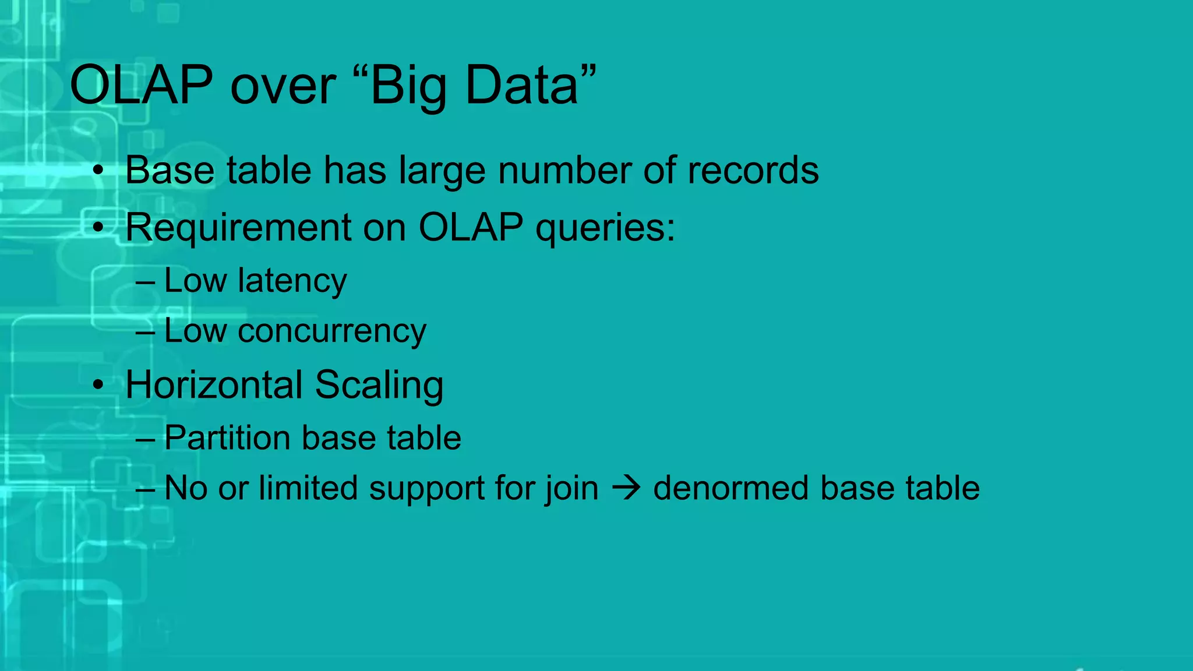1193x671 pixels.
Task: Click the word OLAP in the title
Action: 142,86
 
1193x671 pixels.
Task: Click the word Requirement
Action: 238,227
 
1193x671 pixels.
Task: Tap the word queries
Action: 605,227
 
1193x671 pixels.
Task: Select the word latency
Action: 292,281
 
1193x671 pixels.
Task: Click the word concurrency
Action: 331,331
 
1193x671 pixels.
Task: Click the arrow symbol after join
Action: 626,488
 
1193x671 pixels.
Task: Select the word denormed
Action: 730,488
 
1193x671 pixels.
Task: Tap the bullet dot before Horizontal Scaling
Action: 98,385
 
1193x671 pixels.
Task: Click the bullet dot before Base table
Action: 98,171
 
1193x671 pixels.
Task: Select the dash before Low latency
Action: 145,282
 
